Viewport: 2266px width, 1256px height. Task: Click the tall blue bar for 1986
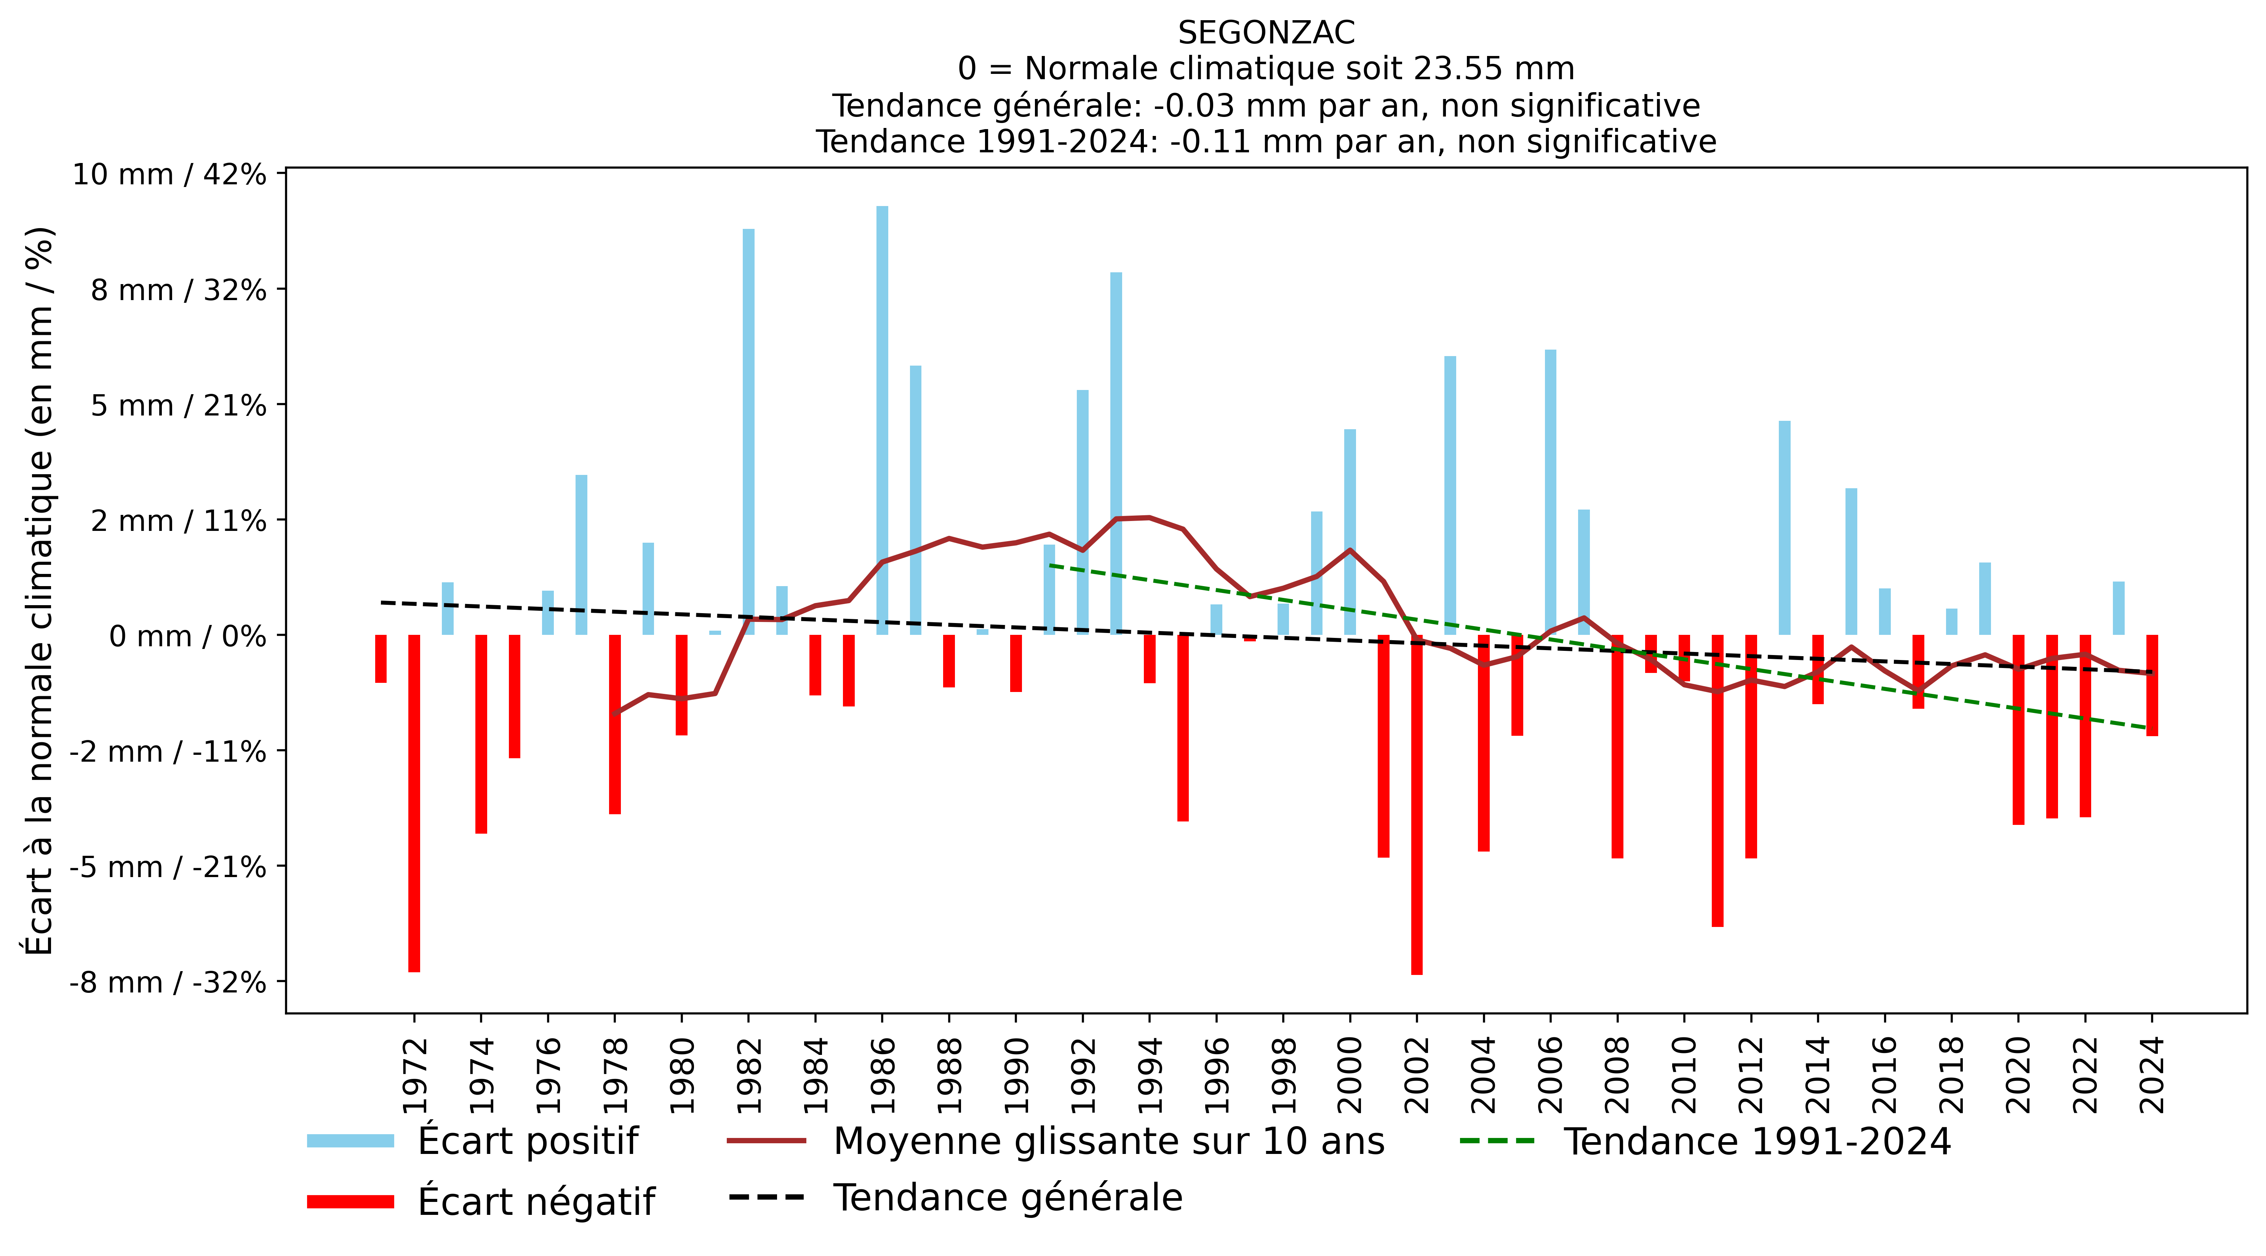(882, 420)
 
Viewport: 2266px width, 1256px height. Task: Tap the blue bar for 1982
(748, 432)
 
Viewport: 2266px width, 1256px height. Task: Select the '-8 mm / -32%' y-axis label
(168, 983)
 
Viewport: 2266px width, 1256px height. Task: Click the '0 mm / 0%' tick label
(187, 636)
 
